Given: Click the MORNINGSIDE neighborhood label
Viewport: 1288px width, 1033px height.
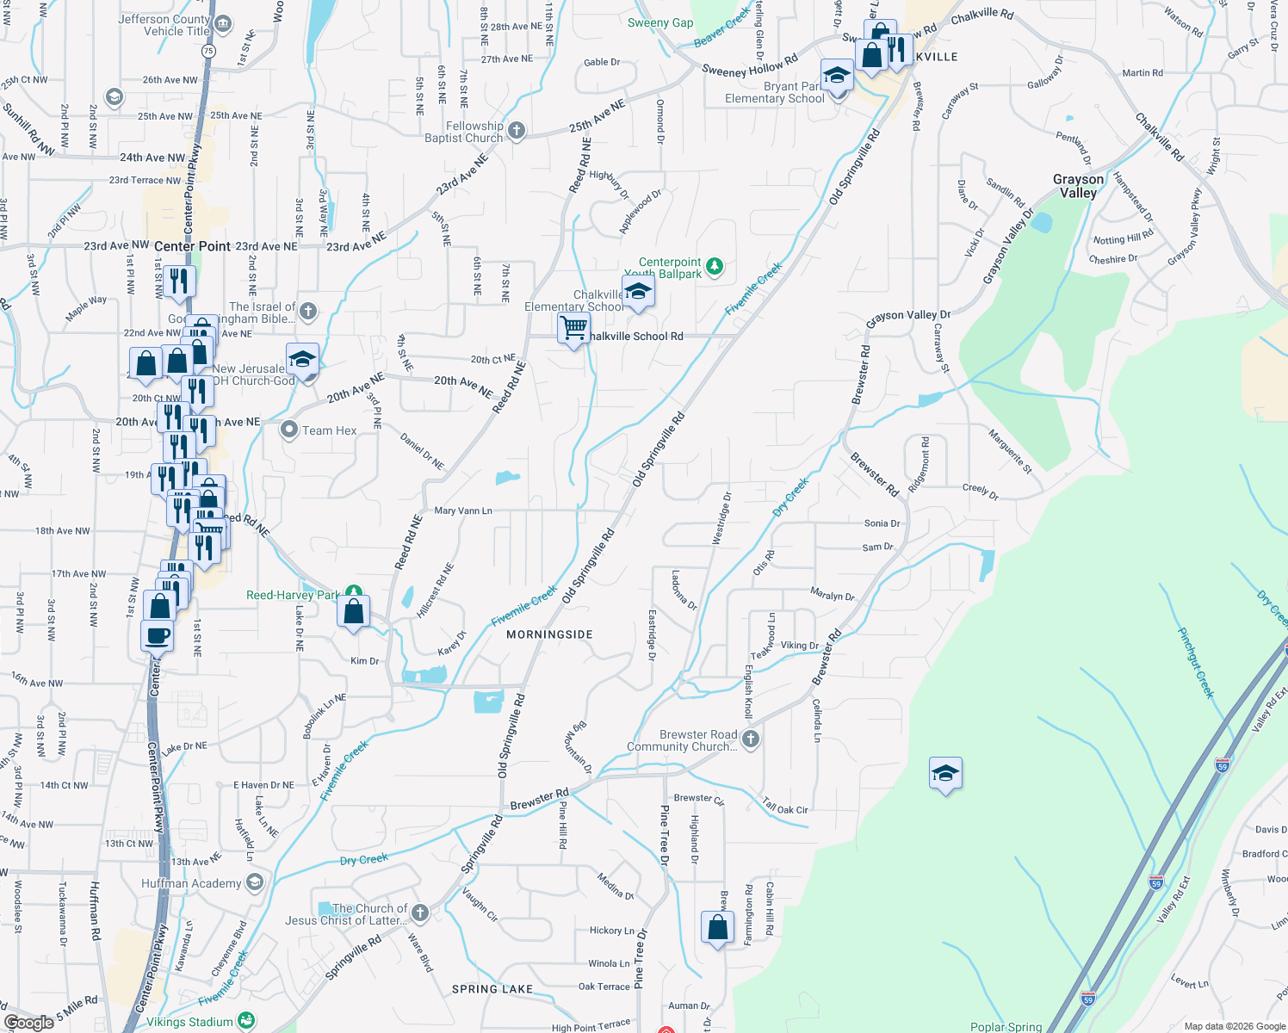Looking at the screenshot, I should click(549, 634).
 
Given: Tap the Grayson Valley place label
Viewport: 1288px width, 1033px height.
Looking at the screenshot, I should click(1078, 186).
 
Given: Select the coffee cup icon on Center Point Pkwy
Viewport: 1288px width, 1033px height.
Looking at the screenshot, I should click(157, 637).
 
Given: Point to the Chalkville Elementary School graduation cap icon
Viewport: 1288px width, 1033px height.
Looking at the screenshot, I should click(638, 292).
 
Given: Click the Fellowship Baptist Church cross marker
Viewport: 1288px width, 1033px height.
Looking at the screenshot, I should click(516, 131).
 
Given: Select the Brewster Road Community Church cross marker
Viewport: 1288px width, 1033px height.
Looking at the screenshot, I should click(751, 739).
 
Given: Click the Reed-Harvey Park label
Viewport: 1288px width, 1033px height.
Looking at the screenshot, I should click(293, 595).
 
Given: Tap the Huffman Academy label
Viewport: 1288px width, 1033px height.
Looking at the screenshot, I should click(191, 883).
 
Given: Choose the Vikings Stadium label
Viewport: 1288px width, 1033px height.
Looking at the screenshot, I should click(189, 1022).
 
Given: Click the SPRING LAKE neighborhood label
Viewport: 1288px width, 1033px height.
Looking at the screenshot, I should click(492, 989).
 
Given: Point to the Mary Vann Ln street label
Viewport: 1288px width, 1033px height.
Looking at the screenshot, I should click(463, 510).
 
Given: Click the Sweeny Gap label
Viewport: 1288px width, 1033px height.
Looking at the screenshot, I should click(660, 22).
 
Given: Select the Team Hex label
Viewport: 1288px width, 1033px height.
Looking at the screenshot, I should click(329, 430).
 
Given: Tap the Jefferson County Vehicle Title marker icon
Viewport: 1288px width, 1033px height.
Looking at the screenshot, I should click(223, 23).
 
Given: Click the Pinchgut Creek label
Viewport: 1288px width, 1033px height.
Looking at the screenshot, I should click(1195, 662).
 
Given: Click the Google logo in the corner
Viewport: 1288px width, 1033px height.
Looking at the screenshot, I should click(29, 1023).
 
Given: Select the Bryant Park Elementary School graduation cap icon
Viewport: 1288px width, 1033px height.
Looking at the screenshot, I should click(837, 77).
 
